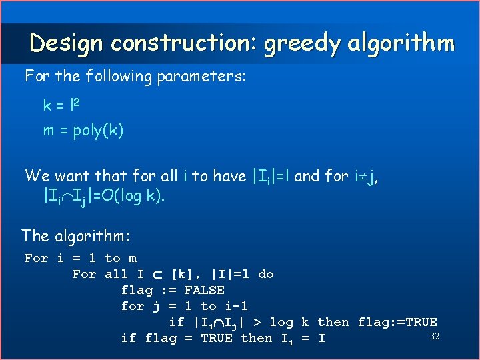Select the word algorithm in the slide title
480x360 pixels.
pyautogui.click(x=401, y=43)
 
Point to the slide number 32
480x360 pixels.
pyautogui.click(x=435, y=335)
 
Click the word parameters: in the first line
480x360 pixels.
pyautogui.click(x=201, y=77)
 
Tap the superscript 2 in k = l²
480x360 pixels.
pyautogui.click(x=77, y=102)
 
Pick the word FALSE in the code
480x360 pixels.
pyautogui.click(x=204, y=290)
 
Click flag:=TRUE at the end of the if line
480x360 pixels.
pyautogui.click(x=397, y=322)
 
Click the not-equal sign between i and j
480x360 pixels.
pyautogui.click(x=361, y=177)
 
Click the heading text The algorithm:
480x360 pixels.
pyautogui.click(x=75, y=236)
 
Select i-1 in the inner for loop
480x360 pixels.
pyautogui.click(x=234, y=306)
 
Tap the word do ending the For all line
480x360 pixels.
pyautogui.click(x=265, y=274)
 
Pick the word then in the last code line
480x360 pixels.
pyautogui.click(x=256, y=338)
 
